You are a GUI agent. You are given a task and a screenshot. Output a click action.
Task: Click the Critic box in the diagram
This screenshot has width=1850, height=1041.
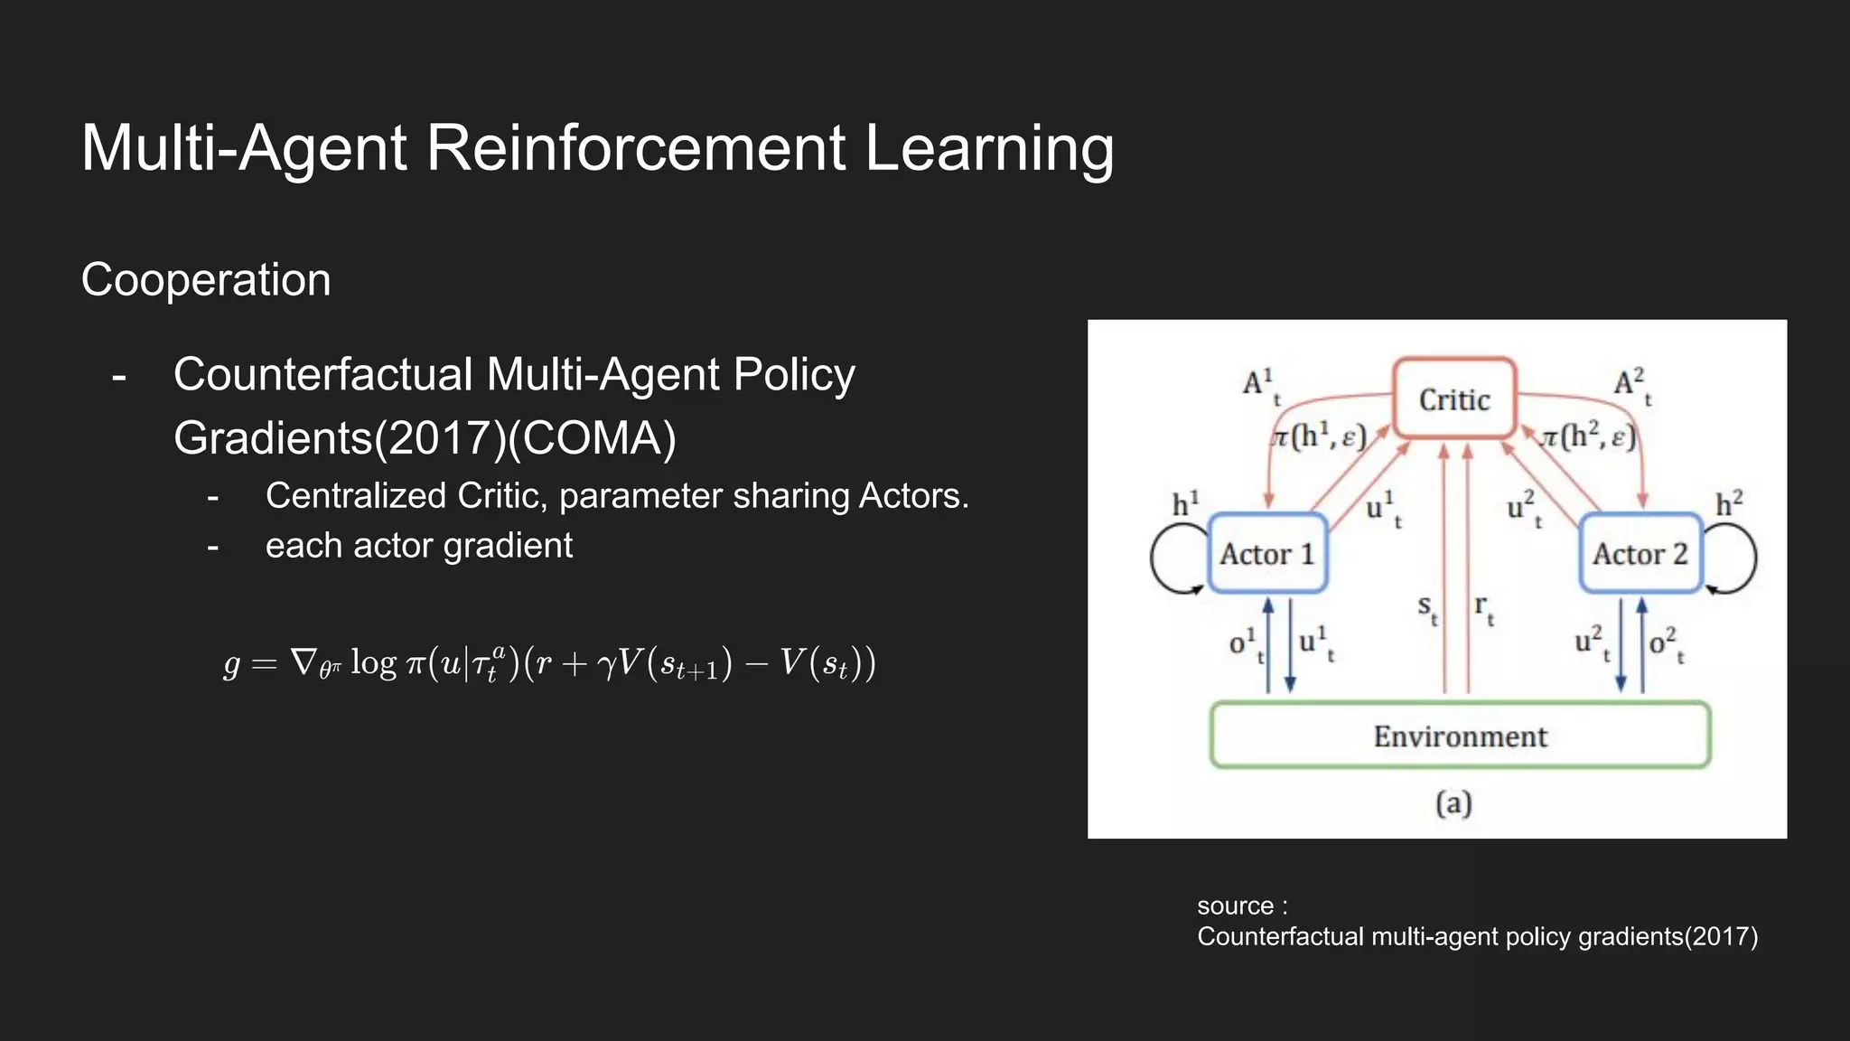pyautogui.click(x=1453, y=399)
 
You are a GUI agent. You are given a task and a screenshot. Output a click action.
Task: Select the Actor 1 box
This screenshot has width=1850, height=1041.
pyautogui.click(x=1266, y=553)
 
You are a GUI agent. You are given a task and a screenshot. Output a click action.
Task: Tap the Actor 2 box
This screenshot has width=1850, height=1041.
pyautogui.click(x=1640, y=553)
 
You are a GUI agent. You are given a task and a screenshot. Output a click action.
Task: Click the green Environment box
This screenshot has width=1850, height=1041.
pyautogui.click(x=1460, y=736)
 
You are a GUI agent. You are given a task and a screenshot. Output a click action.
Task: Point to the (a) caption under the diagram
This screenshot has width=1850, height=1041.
pyautogui.click(x=1453, y=802)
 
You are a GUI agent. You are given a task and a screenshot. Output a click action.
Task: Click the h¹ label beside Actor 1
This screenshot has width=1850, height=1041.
pyautogui.click(x=1185, y=504)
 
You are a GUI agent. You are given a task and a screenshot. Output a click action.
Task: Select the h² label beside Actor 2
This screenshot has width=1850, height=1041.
pyautogui.click(x=1729, y=503)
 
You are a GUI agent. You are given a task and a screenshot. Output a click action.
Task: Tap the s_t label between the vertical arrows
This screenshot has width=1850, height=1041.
pyautogui.click(x=1426, y=608)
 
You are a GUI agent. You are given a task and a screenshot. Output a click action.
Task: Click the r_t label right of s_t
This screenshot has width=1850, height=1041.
pyautogui.click(x=1483, y=608)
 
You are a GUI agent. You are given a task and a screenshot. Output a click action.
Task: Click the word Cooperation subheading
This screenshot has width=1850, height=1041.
pyautogui.click(x=206, y=280)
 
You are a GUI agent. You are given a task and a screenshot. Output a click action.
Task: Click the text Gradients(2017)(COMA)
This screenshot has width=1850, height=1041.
pyautogui.click(x=425, y=438)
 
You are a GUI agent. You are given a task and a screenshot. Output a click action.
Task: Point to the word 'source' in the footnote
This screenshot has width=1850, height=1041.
pyautogui.click(x=1235, y=905)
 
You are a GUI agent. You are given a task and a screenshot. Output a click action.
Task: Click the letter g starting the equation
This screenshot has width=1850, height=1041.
pyautogui.click(x=231, y=664)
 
